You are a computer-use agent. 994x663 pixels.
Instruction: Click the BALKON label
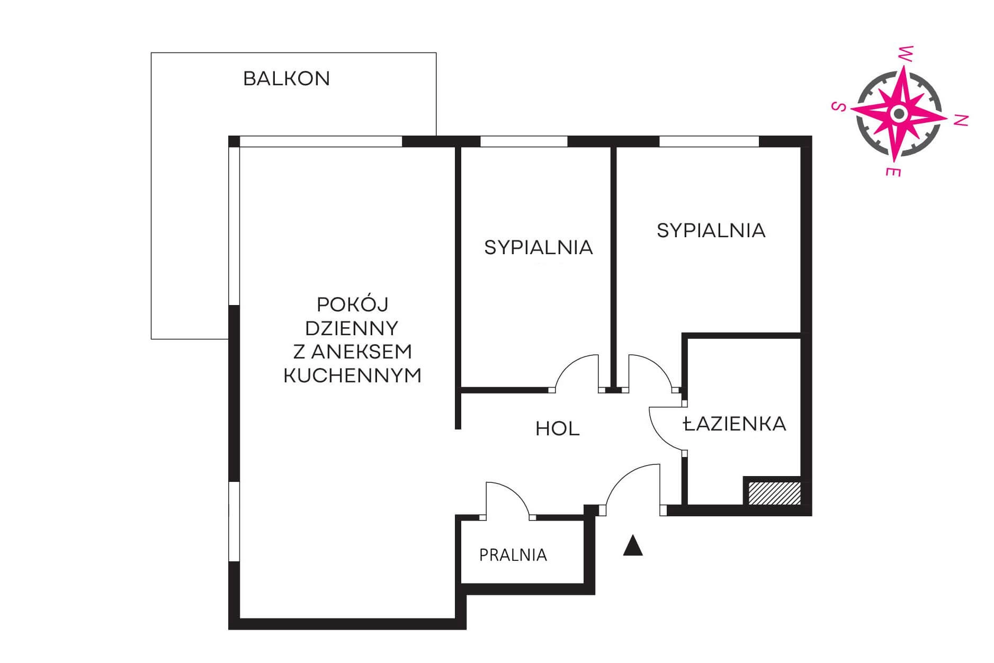coord(286,78)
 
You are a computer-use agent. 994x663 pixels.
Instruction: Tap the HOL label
coord(558,428)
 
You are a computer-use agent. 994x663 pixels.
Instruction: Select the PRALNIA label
coord(513,555)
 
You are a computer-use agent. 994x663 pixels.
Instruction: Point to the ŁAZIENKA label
coord(735,423)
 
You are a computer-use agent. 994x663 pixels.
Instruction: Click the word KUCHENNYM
coord(353,375)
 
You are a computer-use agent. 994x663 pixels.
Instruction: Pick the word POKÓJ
coord(353,304)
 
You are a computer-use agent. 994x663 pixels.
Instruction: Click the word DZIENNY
coord(352,328)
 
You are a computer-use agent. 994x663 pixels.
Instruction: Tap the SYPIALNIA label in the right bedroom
coord(711,230)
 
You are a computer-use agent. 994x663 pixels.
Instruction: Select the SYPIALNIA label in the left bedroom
coord(539,247)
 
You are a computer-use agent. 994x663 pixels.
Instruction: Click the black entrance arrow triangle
coord(633,546)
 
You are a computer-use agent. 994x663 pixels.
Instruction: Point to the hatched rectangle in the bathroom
coord(774,493)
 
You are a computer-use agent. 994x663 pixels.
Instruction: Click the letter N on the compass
coord(961,120)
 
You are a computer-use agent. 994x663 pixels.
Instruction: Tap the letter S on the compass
coord(837,107)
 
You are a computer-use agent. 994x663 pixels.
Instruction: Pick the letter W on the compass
coord(907,52)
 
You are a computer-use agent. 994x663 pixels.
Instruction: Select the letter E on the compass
coord(893,171)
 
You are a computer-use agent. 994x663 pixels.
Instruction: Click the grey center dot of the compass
coord(898,113)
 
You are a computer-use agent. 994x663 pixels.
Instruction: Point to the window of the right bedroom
coord(709,141)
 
